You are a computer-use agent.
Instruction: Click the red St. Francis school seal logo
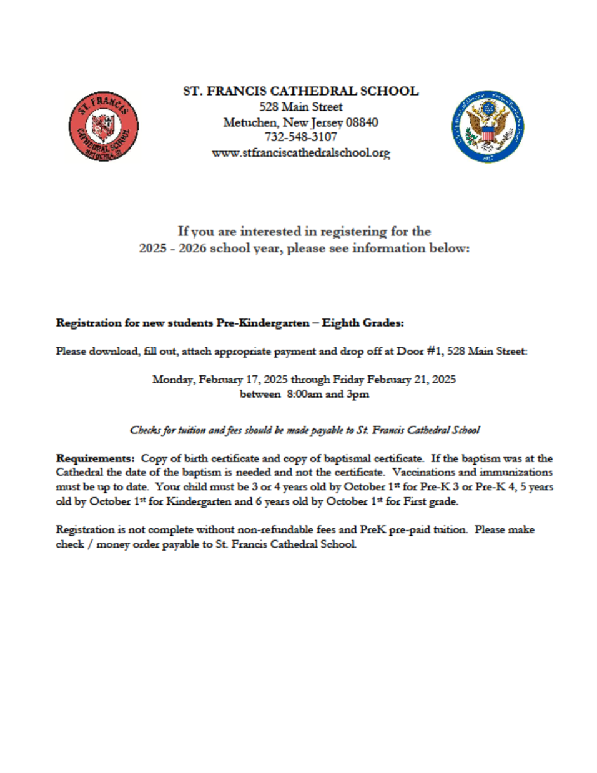[x=103, y=127]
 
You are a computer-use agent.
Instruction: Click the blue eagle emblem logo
[x=488, y=126]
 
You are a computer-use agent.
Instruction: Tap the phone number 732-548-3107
[x=300, y=137]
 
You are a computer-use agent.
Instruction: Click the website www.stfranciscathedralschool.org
[x=300, y=152]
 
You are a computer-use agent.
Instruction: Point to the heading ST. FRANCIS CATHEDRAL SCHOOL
[x=300, y=91]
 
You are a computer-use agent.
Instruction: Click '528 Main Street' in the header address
[x=300, y=107]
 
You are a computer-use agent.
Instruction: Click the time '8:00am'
[x=304, y=394]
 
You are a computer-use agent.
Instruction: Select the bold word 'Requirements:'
[x=95, y=458]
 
